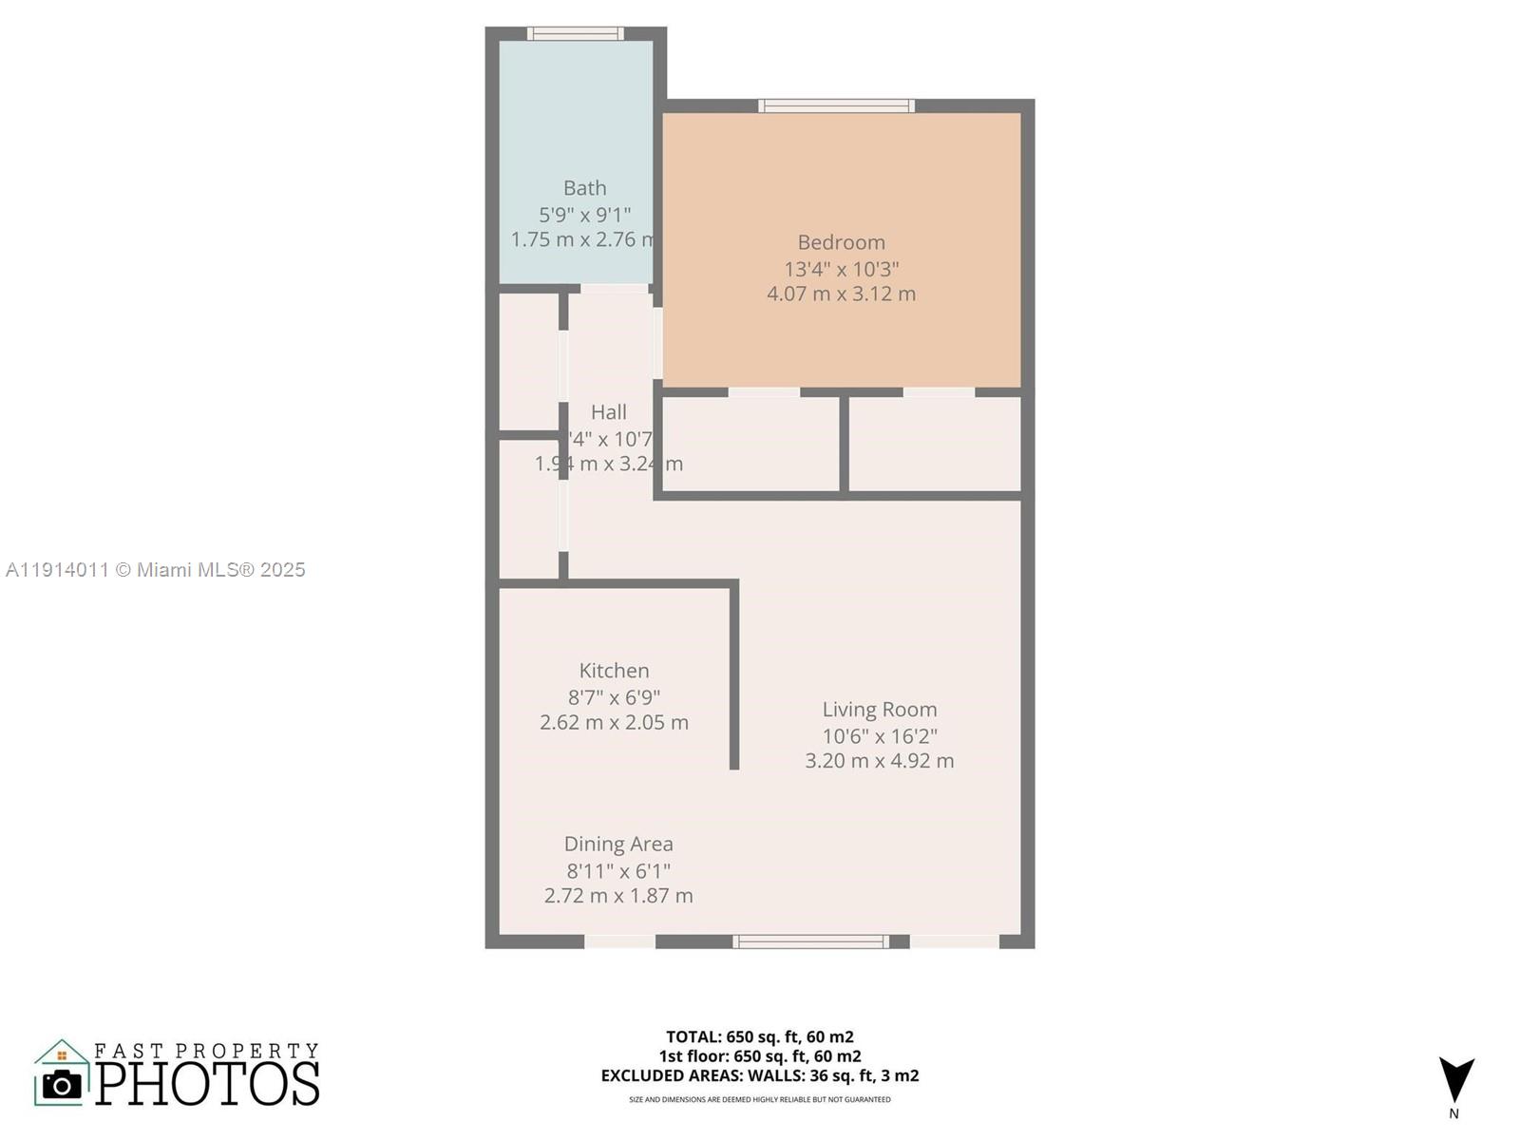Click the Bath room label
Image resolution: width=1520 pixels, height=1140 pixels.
(584, 188)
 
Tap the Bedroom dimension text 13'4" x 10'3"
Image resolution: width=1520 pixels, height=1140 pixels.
(841, 269)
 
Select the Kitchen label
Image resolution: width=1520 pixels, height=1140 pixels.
(614, 671)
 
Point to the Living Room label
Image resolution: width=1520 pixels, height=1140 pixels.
(880, 710)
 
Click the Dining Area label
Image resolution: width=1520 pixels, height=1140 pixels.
(618, 844)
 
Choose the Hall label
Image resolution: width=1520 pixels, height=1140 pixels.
(609, 412)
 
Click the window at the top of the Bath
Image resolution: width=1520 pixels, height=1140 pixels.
(576, 34)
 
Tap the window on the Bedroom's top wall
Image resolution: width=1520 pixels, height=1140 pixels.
(836, 105)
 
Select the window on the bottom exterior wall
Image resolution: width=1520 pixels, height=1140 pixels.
(810, 941)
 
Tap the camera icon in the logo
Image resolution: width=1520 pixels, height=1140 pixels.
(63, 1084)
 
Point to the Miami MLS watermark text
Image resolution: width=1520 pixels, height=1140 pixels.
(156, 570)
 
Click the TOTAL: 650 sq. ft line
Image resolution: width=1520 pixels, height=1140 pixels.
(759, 1036)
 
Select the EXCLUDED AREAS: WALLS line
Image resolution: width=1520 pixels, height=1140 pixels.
(759, 1075)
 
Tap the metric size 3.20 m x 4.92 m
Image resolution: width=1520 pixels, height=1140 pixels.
(880, 761)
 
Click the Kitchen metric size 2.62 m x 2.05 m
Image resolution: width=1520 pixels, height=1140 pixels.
(614, 722)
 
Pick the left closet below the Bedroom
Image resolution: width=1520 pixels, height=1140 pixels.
(750, 444)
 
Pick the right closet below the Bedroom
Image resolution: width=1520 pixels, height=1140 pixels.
(934, 444)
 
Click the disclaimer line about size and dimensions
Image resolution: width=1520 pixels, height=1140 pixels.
(759, 1100)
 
